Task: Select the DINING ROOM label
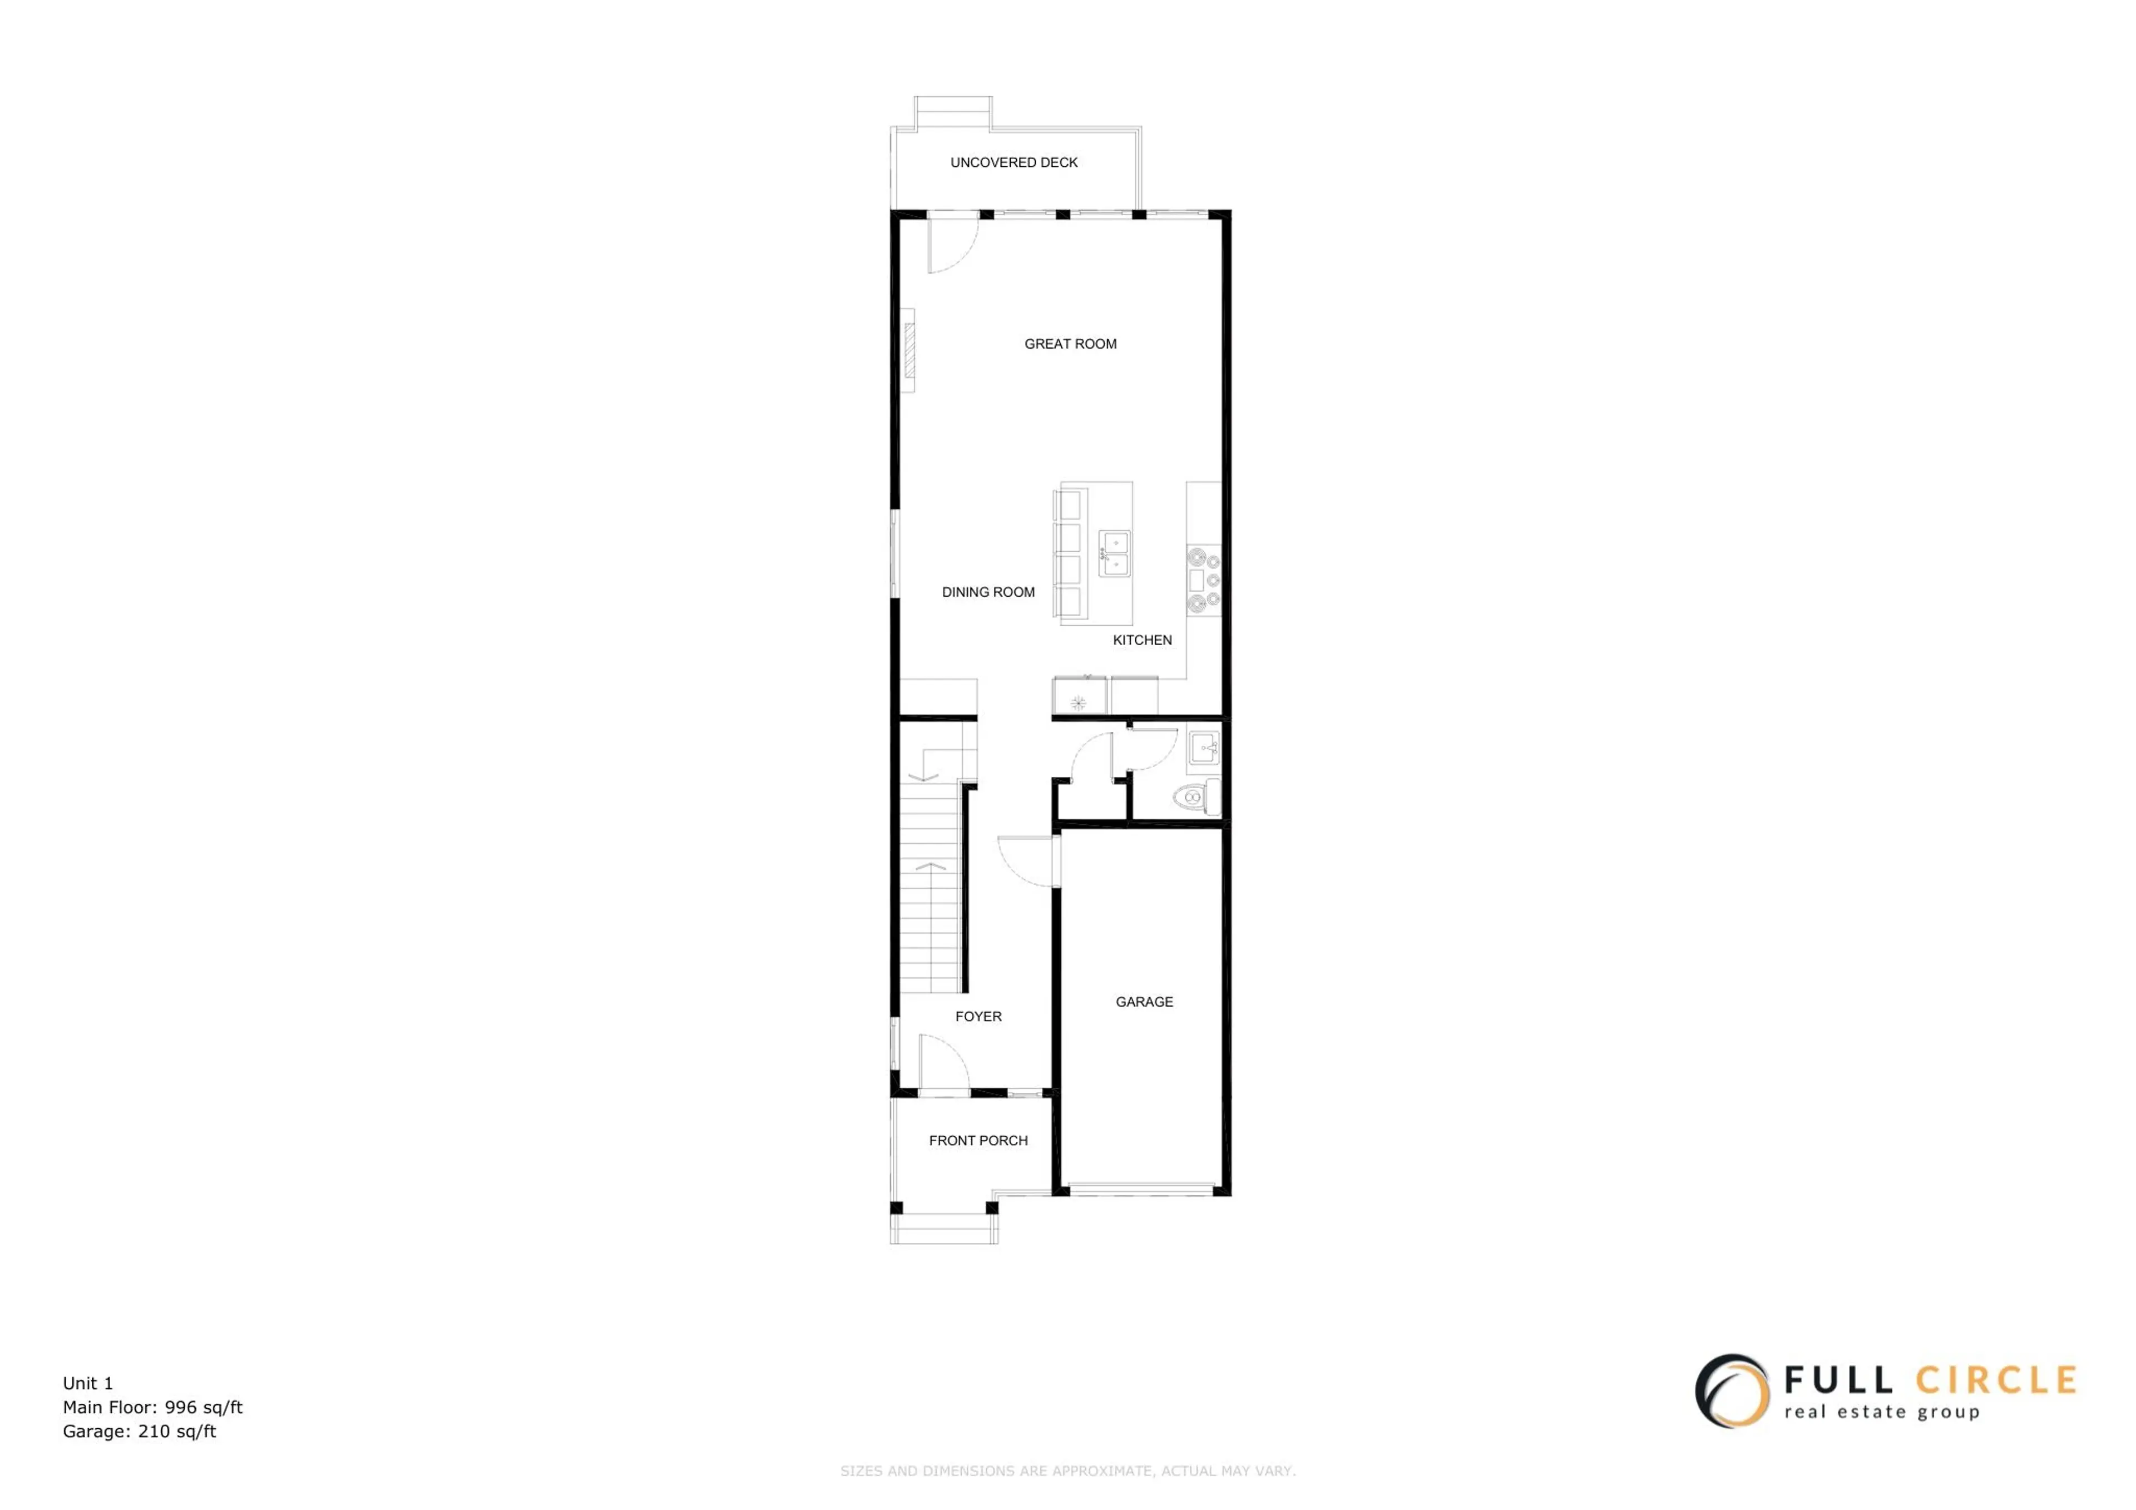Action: pyautogui.click(x=988, y=593)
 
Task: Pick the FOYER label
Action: pyautogui.click(x=978, y=1017)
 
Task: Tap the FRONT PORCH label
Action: pyautogui.click(x=978, y=1141)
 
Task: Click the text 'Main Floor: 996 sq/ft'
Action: pyautogui.click(x=152, y=1408)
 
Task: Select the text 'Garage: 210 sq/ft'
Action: pyautogui.click(x=140, y=1432)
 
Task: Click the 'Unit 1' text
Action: pyautogui.click(x=87, y=1383)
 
